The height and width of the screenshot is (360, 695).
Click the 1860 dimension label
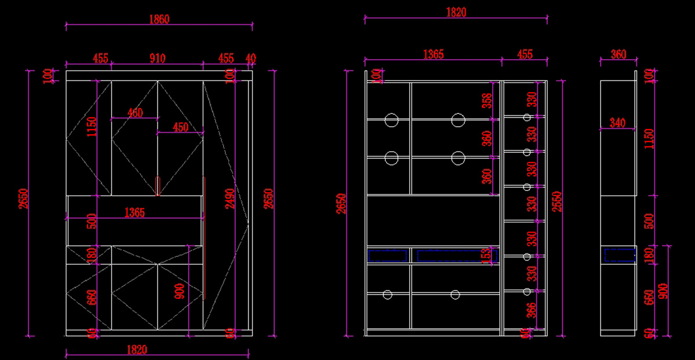[x=159, y=20]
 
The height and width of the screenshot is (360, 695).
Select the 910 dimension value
[x=158, y=58]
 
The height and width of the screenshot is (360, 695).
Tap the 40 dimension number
[x=250, y=58]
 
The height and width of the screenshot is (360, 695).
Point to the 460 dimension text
[x=135, y=113]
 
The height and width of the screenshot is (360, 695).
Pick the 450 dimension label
[x=180, y=127]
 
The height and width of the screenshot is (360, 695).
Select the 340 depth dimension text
[x=617, y=123]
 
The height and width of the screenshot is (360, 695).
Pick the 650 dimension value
[x=649, y=298]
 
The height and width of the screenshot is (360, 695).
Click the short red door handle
[x=157, y=186]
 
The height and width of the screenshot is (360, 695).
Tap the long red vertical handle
[x=204, y=238]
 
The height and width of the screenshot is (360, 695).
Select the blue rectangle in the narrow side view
[x=619, y=255]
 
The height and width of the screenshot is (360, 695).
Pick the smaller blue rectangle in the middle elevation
[x=387, y=255]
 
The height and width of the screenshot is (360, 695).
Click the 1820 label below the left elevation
[x=137, y=350]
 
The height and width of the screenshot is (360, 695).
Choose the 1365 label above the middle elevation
[x=433, y=54]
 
